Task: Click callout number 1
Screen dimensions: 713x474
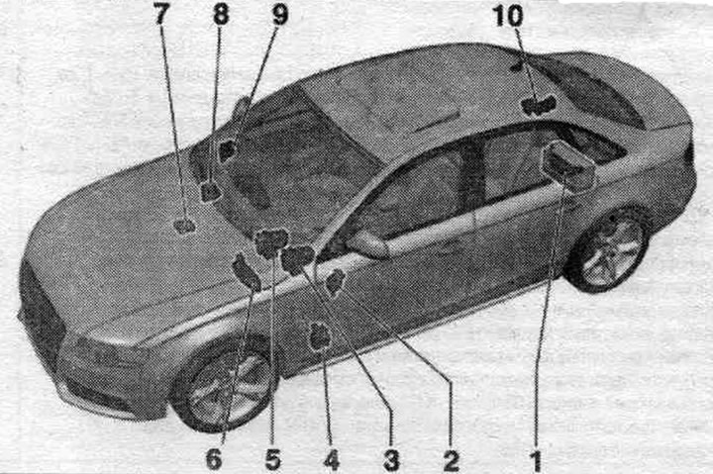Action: pos(537,459)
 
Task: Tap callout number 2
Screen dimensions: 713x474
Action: pos(452,459)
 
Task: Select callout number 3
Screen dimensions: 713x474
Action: pos(391,459)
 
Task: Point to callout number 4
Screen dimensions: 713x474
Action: pos(332,459)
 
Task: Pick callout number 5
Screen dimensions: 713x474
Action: pos(273,459)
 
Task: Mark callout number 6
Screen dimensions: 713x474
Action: pos(214,459)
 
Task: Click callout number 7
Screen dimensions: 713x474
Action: pos(161,15)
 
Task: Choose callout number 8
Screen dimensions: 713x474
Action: pos(221,15)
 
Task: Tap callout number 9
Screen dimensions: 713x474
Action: pos(280,15)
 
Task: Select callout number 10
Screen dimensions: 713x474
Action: pos(507,15)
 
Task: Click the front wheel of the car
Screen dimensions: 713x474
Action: pos(226,388)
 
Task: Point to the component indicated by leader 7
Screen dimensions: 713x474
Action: pos(184,226)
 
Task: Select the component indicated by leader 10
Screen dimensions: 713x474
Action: pos(538,105)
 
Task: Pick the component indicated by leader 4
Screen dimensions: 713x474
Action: pos(321,336)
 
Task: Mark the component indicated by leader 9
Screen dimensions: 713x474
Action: pos(227,151)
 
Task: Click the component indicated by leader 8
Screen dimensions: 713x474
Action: pos(210,191)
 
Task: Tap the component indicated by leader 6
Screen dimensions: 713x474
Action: pos(247,273)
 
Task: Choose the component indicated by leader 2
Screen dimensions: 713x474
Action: pos(336,281)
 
